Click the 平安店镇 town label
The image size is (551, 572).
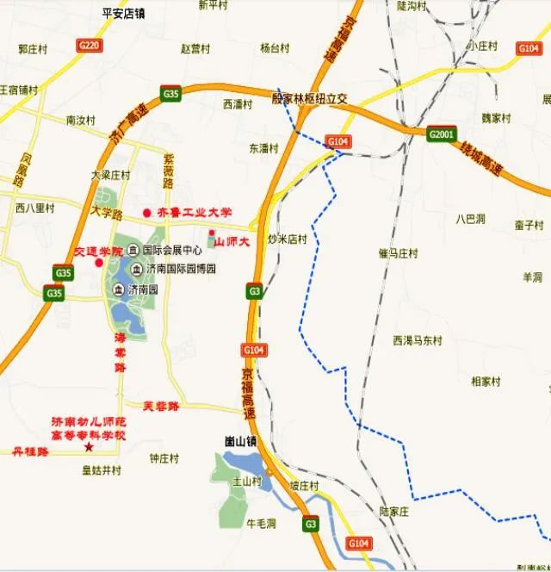click(x=123, y=13)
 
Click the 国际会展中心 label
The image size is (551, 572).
click(x=172, y=250)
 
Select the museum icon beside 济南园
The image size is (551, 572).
click(x=117, y=289)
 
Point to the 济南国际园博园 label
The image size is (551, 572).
click(x=181, y=269)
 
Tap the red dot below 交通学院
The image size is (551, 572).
click(x=97, y=263)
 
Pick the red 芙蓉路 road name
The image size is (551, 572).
click(x=161, y=406)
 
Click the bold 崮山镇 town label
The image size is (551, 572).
click(x=241, y=440)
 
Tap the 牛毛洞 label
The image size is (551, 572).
click(x=261, y=522)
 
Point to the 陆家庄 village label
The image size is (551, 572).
click(x=397, y=511)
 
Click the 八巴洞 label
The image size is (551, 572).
click(x=471, y=219)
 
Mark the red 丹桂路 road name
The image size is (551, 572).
click(x=30, y=451)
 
